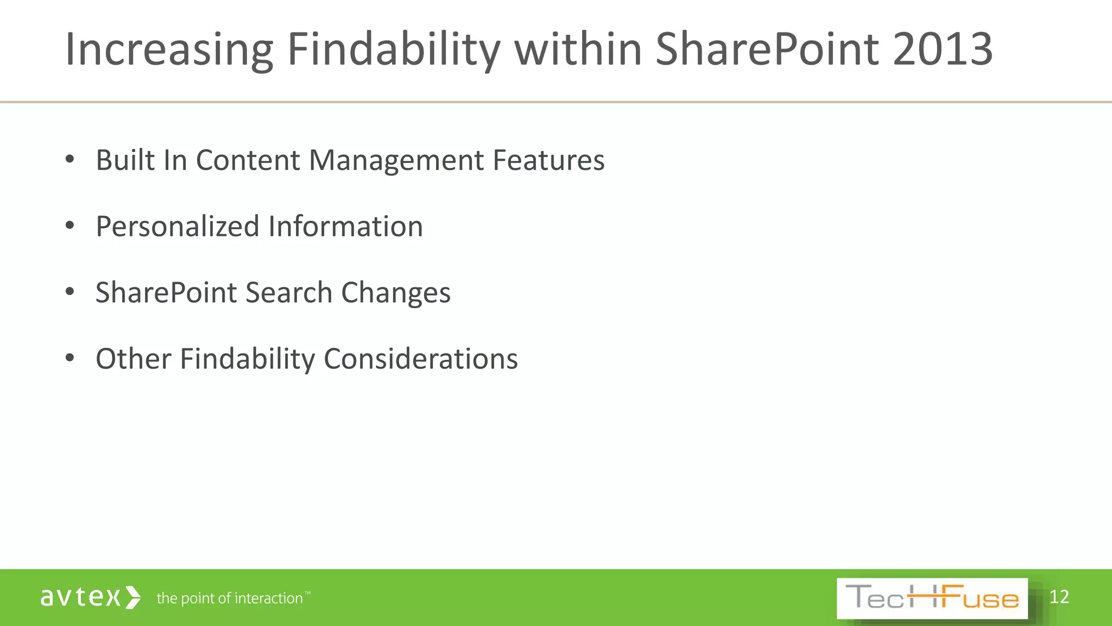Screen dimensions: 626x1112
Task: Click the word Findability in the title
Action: click(393, 50)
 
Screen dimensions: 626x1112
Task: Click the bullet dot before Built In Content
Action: click(69, 159)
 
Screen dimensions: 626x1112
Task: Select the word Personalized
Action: click(178, 226)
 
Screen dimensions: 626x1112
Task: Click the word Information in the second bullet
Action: click(345, 226)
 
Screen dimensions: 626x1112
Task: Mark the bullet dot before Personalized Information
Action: click(69, 226)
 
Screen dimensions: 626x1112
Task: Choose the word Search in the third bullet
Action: click(288, 292)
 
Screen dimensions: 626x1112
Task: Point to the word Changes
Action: click(396, 293)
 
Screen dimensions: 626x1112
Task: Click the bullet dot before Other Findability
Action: click(69, 358)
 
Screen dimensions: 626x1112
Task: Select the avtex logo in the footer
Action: click(91, 597)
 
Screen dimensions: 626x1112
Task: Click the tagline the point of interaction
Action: click(230, 598)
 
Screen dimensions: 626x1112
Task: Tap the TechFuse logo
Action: click(932, 598)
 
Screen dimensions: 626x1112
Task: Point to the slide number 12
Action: click(1059, 597)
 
